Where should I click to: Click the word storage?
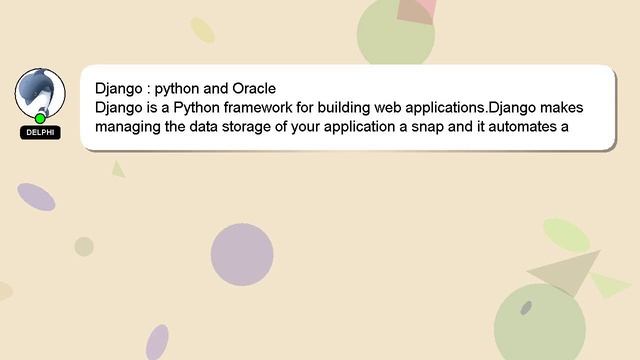265,127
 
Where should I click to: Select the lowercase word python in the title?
177,88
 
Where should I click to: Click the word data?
218,127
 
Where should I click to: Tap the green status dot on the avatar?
40,118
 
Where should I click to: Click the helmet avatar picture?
40,93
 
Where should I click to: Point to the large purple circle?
242,254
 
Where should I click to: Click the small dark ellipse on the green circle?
526,307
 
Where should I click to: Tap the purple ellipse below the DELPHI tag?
36,197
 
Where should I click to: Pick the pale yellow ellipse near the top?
203,30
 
